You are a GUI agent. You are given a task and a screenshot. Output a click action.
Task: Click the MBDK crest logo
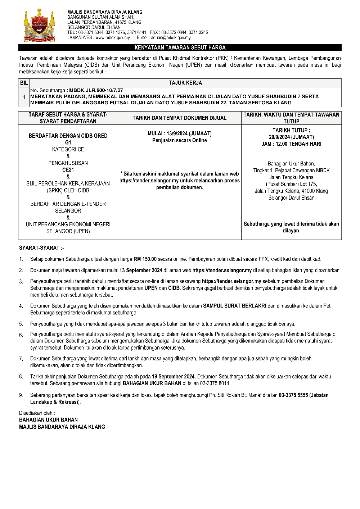39,26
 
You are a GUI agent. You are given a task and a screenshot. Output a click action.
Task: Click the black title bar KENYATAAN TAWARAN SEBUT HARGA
180,47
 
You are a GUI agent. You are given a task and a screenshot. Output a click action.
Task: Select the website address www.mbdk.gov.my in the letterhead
112,38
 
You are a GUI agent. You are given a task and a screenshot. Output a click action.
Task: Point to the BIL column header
24,83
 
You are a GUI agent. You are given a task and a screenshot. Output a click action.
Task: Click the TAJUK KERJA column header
185,83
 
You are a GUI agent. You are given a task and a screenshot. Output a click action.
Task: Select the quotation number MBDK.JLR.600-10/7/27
96,91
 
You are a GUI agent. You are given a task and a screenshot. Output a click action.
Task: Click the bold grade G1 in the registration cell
68,142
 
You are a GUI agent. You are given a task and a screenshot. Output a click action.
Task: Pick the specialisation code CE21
68,170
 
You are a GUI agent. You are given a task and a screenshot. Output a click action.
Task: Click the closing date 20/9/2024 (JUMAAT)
291,137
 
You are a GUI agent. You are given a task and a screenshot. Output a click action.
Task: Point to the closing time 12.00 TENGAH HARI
299,144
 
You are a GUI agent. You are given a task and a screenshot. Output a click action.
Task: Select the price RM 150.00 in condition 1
145,259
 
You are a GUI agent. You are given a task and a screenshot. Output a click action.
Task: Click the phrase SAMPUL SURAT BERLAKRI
235,306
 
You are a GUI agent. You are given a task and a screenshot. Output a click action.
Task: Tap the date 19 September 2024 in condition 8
174,377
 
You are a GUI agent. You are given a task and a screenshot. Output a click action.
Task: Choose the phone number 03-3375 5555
293,395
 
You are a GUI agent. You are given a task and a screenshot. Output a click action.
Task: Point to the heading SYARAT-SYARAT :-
41,248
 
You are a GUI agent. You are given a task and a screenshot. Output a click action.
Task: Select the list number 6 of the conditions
21,335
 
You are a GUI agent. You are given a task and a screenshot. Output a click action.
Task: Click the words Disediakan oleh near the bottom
37,413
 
